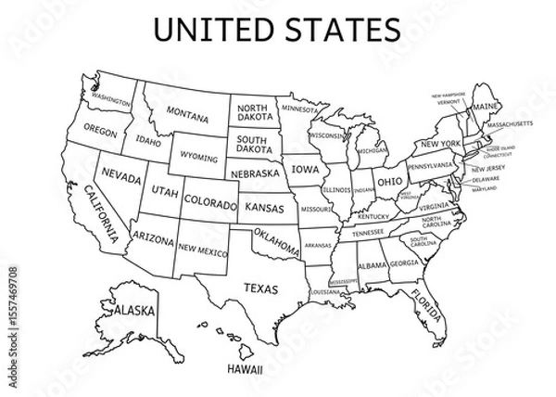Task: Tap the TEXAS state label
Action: click(259, 288)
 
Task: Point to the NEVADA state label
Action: click(121, 176)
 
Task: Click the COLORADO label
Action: click(210, 199)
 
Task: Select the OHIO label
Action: click(388, 180)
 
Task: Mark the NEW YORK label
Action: click(439, 145)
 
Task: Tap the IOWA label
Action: click(304, 171)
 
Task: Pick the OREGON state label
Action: click(100, 131)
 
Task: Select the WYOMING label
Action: click(199, 157)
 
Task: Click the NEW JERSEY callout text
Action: click(487, 169)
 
